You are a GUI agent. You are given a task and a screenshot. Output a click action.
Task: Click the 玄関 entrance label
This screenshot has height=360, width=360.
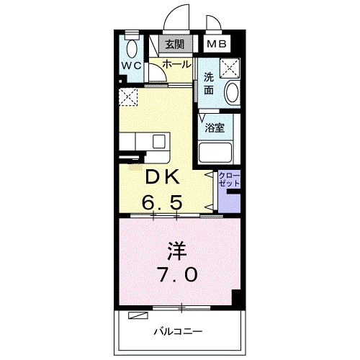pyautogui.click(x=174, y=45)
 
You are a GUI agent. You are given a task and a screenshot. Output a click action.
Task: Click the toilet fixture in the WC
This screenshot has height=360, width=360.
pyautogui.click(x=130, y=48)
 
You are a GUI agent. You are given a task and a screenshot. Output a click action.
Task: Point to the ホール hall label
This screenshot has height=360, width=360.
pyautogui.click(x=176, y=64)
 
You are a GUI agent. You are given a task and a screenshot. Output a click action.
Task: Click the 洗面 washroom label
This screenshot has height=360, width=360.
pyautogui.click(x=209, y=84)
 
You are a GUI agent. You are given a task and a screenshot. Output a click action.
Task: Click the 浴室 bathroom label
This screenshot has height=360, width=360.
pyautogui.click(x=215, y=127)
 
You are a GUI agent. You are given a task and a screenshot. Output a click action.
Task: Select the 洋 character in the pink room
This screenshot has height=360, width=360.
pyautogui.click(x=176, y=251)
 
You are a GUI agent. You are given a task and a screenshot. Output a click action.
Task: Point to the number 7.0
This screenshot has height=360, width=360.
pyautogui.click(x=176, y=274)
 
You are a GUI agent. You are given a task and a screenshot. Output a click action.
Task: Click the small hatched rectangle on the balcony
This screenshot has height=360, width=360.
pyautogui.click(x=138, y=315)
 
